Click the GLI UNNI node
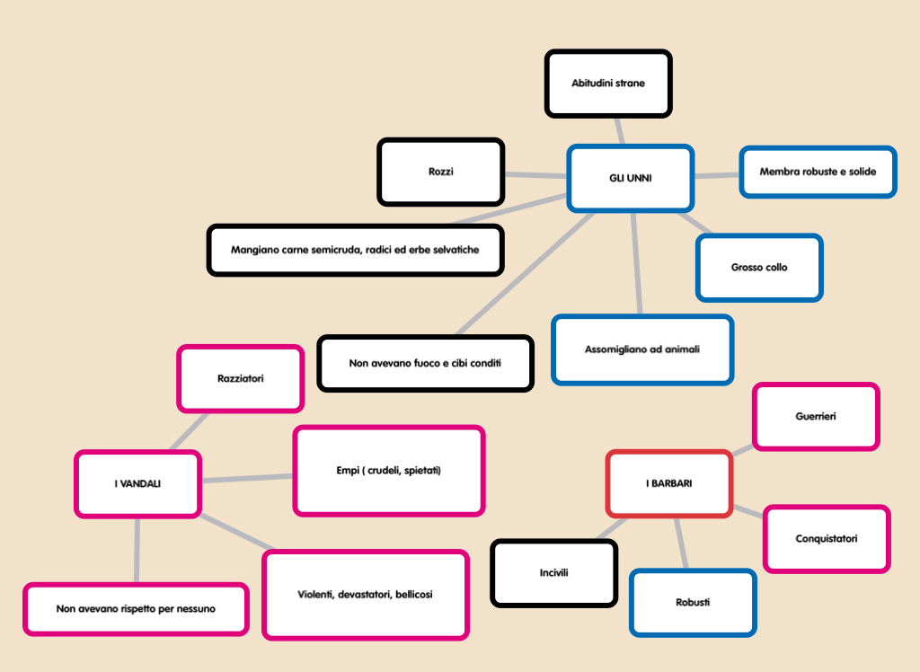pyautogui.click(x=630, y=178)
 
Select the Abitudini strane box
pyautogui.click(x=608, y=84)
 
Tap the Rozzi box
pyautogui.click(x=440, y=171)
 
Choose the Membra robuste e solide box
pyautogui.click(x=818, y=172)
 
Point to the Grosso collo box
pyautogui.click(x=759, y=267)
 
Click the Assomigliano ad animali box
pyautogui.click(x=641, y=349)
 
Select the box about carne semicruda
pyautogui.click(x=355, y=250)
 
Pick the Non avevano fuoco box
pyautogui.click(x=425, y=363)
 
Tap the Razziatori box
pyautogui.click(x=240, y=378)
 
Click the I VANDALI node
pyautogui.click(x=137, y=483)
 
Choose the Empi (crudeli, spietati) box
pyautogui.click(x=388, y=471)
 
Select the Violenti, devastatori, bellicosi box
pyautogui.click(x=365, y=594)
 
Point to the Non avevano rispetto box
pyautogui.click(x=136, y=608)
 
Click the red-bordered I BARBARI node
pyautogui.click(x=668, y=483)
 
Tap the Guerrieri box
pyautogui.click(x=815, y=416)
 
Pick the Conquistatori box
pyautogui.click(x=826, y=538)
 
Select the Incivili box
pyautogui.click(x=553, y=572)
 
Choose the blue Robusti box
pyautogui.click(x=692, y=602)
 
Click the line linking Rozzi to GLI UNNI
pyautogui.click(x=535, y=174)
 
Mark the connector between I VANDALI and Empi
pyautogui.click(x=247, y=479)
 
